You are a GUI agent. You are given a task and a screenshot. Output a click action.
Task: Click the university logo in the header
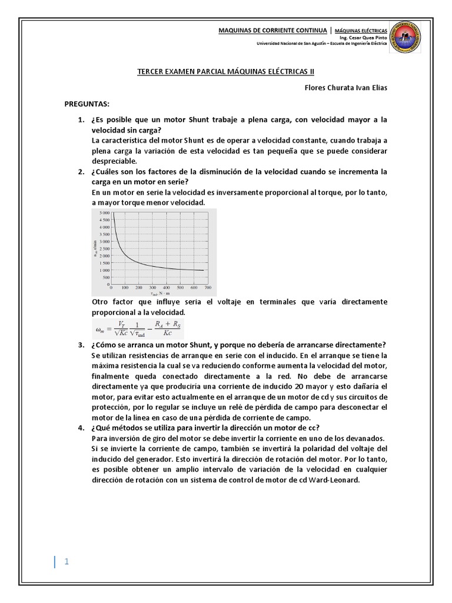(x=406, y=37)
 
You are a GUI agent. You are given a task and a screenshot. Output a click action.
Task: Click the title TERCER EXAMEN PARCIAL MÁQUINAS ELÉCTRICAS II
(x=226, y=71)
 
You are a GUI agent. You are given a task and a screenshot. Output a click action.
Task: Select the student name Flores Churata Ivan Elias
(x=345, y=88)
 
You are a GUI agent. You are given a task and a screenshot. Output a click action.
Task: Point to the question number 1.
(x=81, y=120)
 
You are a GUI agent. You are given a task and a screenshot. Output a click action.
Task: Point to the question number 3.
(x=81, y=344)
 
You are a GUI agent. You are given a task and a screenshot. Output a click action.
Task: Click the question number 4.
(x=81, y=427)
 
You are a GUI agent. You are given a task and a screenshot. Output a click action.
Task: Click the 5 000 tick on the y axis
(x=103, y=213)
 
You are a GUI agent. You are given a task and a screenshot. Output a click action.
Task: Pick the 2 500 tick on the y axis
(x=103, y=249)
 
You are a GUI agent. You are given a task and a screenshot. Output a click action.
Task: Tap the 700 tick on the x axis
(x=208, y=288)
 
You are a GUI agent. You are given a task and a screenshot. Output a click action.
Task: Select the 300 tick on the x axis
(x=152, y=288)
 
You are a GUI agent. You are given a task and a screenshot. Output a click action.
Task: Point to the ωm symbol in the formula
(x=98, y=330)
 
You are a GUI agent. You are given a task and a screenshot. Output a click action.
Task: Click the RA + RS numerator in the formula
(x=167, y=324)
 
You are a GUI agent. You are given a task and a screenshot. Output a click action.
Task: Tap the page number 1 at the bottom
(x=67, y=561)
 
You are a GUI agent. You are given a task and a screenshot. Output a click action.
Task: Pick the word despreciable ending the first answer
(x=114, y=161)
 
